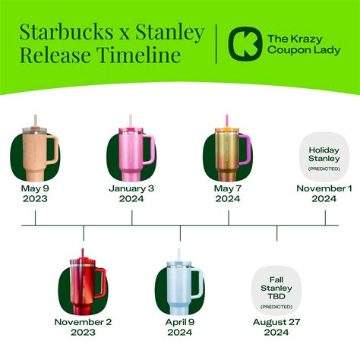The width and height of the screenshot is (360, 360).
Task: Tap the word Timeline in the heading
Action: coord(144,55)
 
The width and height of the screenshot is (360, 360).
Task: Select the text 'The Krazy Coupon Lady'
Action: coord(298,45)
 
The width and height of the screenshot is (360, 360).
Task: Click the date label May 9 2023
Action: coord(35,193)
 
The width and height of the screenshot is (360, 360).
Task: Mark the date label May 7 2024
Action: coord(228,193)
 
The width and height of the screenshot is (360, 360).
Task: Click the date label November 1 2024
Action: coord(324,193)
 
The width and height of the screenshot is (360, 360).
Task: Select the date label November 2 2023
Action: coord(84,327)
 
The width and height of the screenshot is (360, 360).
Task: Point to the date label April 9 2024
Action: coord(179,327)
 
